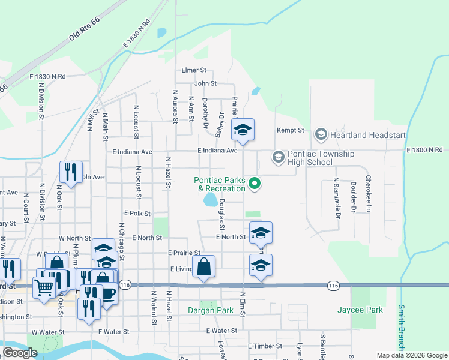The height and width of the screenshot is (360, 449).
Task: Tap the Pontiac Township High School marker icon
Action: pyautogui.click(x=278, y=157)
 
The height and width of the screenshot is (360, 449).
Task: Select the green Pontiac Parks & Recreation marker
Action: pyautogui.click(x=255, y=184)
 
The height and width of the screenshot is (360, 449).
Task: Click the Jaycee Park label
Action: pyautogui.click(x=368, y=310)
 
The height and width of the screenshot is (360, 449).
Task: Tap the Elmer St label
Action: pyautogui.click(x=194, y=70)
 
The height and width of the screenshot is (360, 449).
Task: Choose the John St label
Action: pyautogui.click(x=205, y=83)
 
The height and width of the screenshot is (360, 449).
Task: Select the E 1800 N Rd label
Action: pyautogui.click(x=424, y=149)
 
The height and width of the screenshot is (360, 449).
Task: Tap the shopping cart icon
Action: pyautogui.click(x=44, y=287)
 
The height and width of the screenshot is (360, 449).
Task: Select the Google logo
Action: pyautogui.click(x=20, y=353)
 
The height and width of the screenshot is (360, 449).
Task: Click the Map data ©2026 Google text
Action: pyautogui.click(x=411, y=355)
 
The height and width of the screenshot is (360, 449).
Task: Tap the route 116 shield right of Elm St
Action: pyautogui.click(x=333, y=286)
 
